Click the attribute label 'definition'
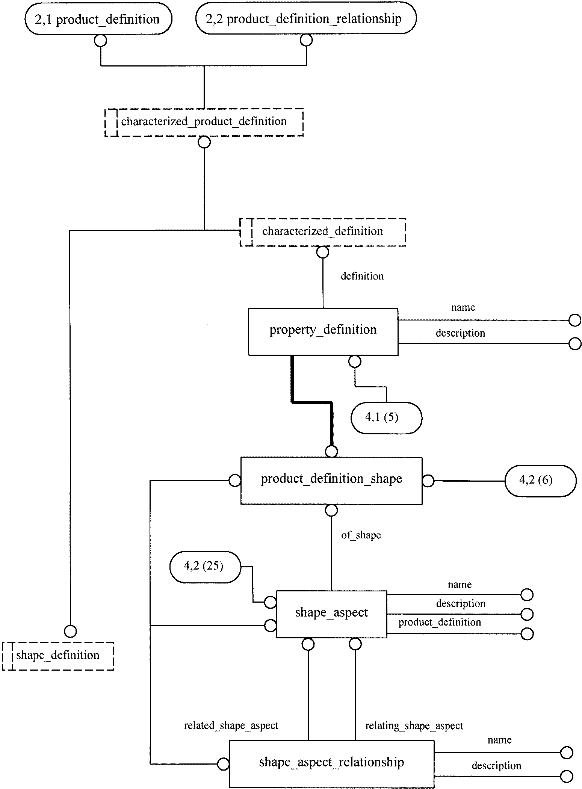[x=362, y=276]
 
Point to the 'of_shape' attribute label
[x=361, y=535]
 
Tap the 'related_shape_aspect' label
[x=231, y=726]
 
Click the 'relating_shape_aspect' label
[x=414, y=726]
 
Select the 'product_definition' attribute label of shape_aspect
[x=440, y=622]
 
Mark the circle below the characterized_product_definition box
[x=204, y=142]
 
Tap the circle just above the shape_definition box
[x=70, y=631]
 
